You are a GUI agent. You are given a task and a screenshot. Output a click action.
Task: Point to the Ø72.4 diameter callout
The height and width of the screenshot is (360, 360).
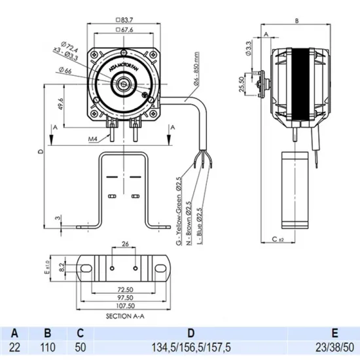click(x=72, y=48)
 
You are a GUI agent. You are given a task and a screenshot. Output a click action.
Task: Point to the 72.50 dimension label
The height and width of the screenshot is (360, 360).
click(x=124, y=289)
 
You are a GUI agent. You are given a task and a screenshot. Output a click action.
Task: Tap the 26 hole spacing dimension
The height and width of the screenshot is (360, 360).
click(x=124, y=245)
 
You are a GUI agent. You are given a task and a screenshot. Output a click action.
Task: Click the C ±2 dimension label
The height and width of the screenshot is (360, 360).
click(x=279, y=240)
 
